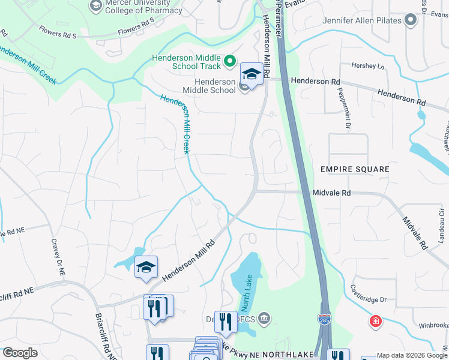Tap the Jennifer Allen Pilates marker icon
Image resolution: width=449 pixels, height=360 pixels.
click(411, 20)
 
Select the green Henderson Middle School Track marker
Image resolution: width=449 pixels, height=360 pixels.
click(229, 61)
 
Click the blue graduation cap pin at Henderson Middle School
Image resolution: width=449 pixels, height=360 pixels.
click(252, 74)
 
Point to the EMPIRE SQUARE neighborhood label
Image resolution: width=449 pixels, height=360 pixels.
click(354, 170)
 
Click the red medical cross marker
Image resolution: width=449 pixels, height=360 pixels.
click(376, 321)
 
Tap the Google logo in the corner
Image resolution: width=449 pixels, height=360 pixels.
click(19, 353)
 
